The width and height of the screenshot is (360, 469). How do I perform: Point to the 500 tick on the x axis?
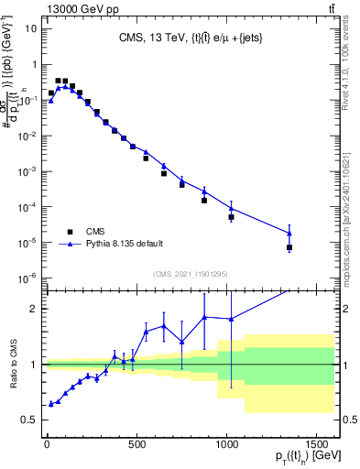pos(136,438)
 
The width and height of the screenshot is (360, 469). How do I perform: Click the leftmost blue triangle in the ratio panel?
pos(51,403)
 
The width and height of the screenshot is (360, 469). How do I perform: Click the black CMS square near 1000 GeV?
pos(232,217)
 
